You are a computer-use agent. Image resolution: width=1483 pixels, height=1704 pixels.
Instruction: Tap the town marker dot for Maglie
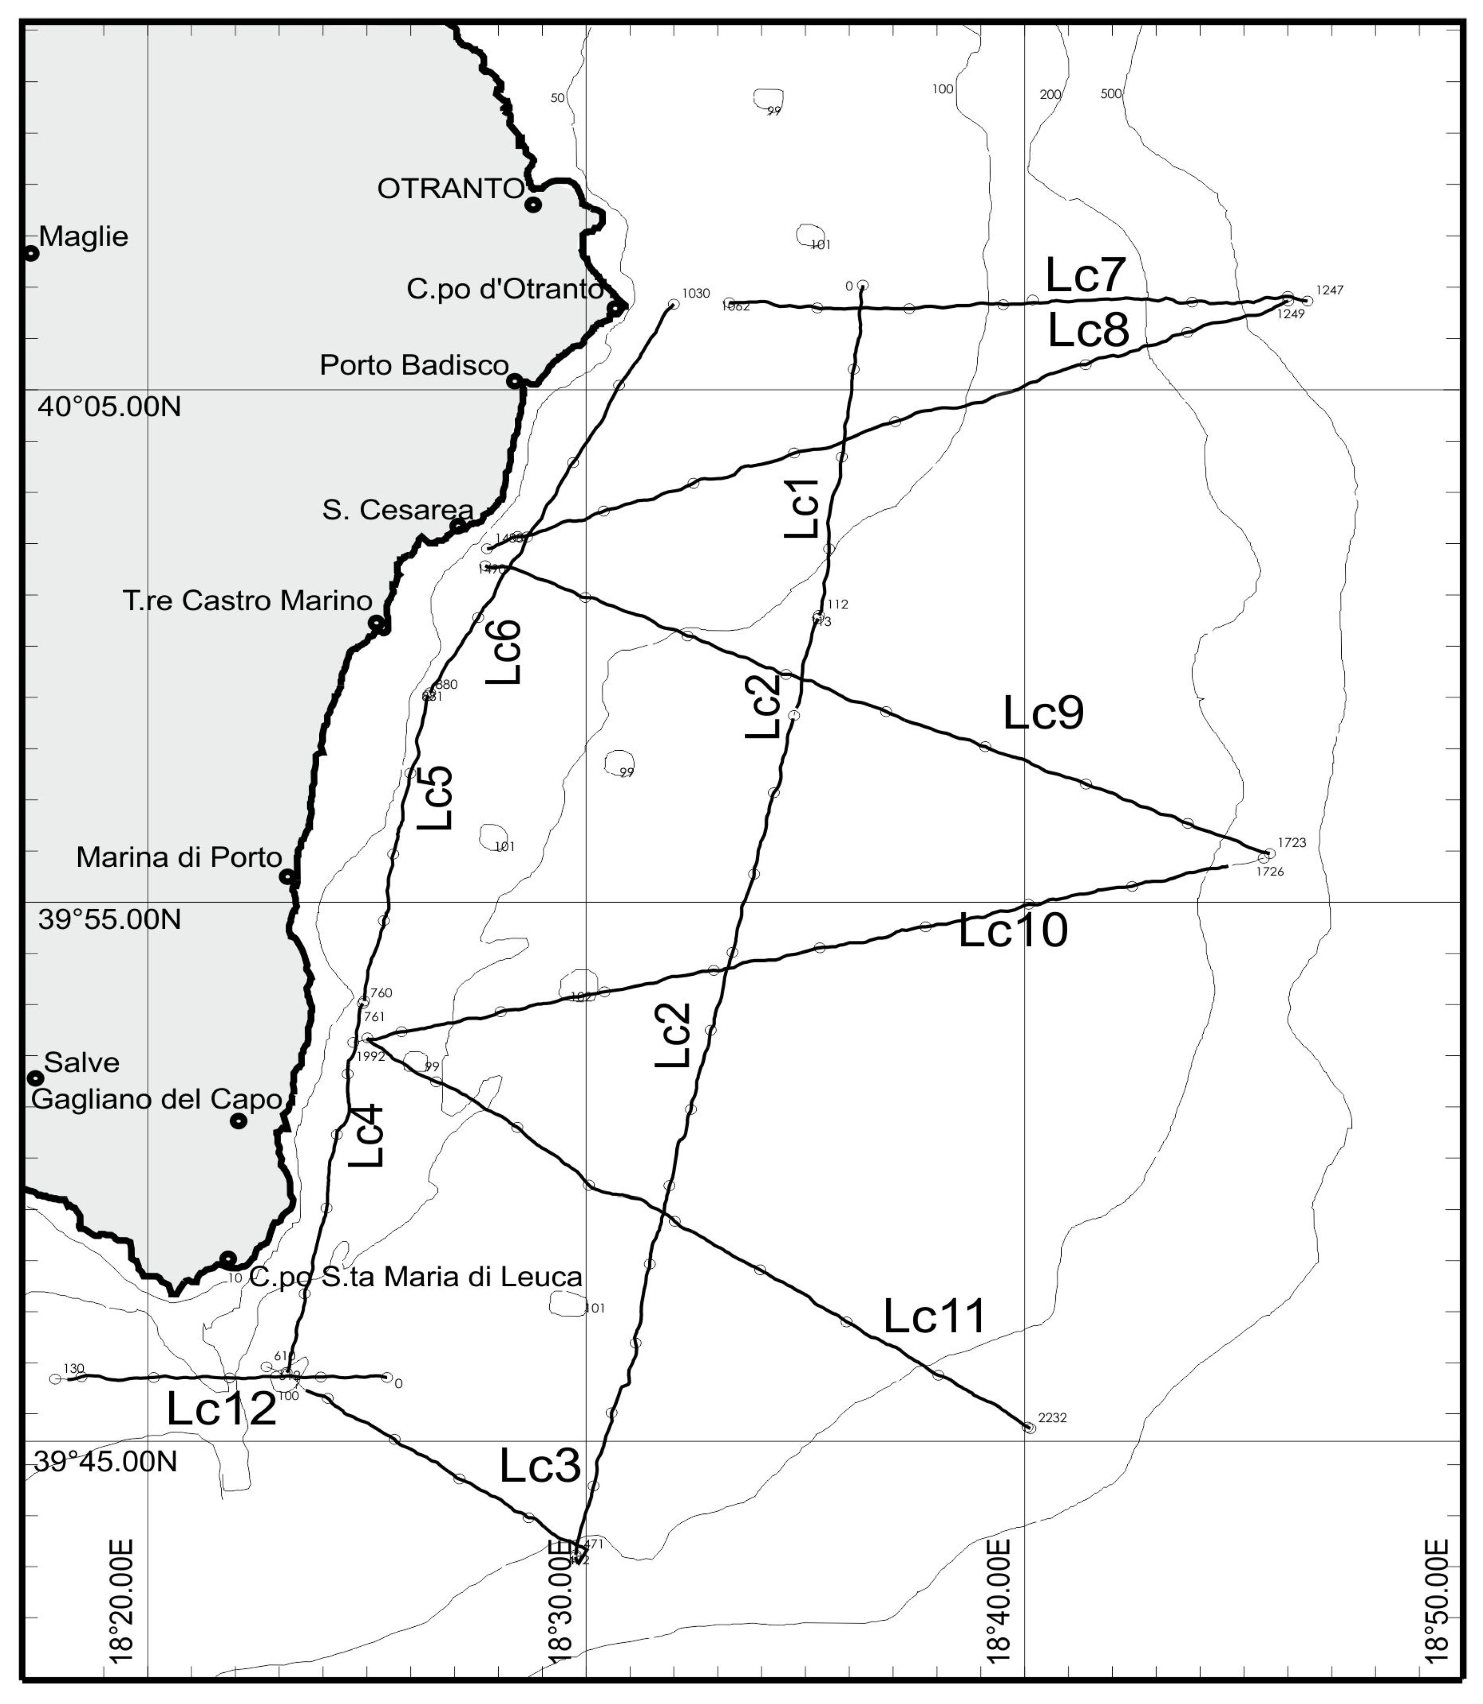31,253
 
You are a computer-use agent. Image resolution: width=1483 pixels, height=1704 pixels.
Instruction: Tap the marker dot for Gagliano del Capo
238,1122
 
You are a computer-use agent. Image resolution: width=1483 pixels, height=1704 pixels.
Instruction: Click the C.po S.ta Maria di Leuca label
415,1277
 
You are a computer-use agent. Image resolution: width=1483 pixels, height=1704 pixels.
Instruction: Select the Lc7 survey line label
1085,276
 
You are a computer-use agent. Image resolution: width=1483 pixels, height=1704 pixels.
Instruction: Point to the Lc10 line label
1013,930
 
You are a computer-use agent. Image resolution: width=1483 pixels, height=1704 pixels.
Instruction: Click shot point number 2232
1052,1418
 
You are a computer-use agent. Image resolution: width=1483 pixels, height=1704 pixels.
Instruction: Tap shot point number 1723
1291,842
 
